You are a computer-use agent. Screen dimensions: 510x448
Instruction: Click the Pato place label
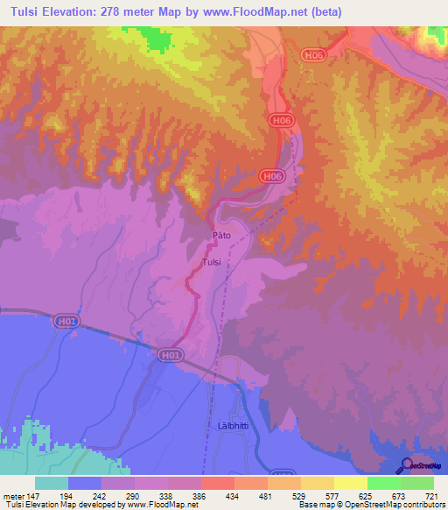tap(221, 237)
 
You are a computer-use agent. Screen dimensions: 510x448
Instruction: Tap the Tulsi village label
tap(211, 262)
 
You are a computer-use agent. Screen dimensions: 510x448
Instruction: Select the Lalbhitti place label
tap(226, 425)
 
